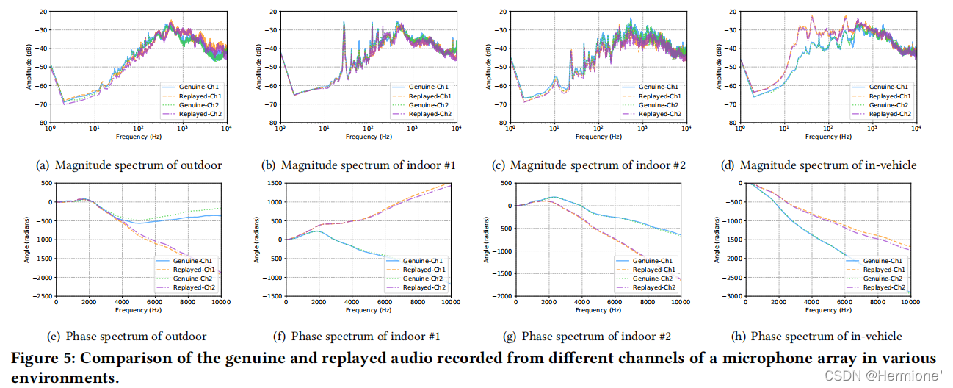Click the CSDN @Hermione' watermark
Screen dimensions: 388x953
click(x=884, y=376)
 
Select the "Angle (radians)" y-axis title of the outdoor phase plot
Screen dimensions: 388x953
click(x=29, y=239)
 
